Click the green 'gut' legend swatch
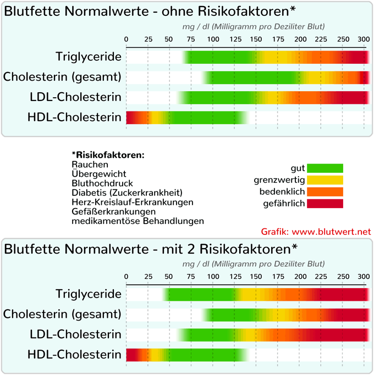click(x=325, y=168)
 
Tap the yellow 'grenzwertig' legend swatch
click(x=325, y=179)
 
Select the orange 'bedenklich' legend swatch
click(x=325, y=192)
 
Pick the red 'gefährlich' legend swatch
click(x=325, y=204)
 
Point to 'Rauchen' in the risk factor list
click(x=90, y=164)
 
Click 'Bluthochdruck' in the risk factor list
click(x=102, y=183)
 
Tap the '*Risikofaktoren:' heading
click(x=108, y=155)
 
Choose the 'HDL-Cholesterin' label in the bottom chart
click(x=74, y=355)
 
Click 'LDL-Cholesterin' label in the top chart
click(x=75, y=97)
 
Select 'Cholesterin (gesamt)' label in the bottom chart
click(x=62, y=314)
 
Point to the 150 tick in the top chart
click(x=256, y=39)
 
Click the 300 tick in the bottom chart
click(x=363, y=276)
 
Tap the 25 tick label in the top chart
click(x=148, y=39)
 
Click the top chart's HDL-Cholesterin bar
click(x=187, y=117)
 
